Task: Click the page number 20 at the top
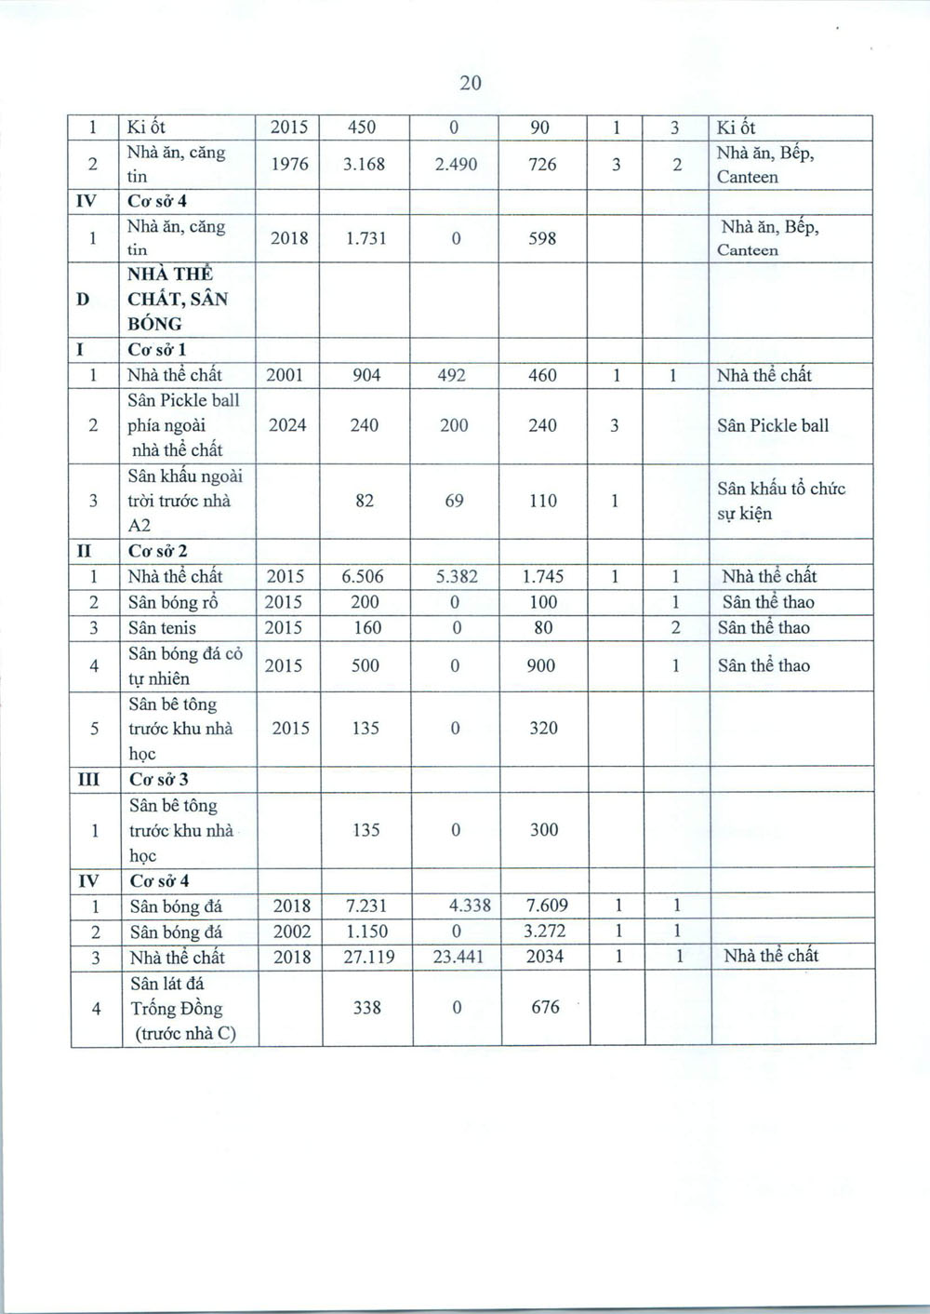coord(471,83)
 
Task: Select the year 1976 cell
coord(289,165)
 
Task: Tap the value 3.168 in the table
coord(364,165)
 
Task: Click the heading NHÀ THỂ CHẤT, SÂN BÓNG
coord(177,299)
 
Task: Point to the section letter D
coord(84,299)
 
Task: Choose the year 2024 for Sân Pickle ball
coord(288,425)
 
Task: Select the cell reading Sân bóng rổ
coord(174,603)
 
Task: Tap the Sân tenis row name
coord(163,628)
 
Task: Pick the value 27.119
coord(367,957)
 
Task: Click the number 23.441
coord(458,957)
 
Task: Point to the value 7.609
coord(545,905)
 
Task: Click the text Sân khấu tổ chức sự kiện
coord(781,501)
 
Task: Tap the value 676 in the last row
coord(545,1008)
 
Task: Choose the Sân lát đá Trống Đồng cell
coord(177,1008)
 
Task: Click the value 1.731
coord(365,238)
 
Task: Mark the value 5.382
coord(457,577)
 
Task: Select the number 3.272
coord(545,932)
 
